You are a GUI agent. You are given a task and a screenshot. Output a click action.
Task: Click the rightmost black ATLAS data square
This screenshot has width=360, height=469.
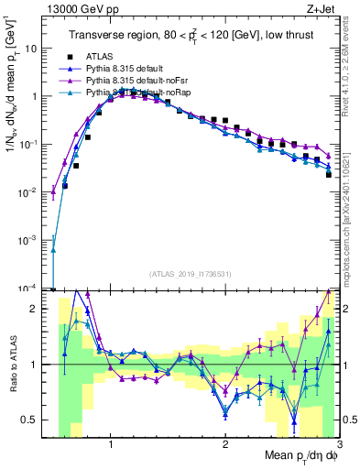coord(329,174)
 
